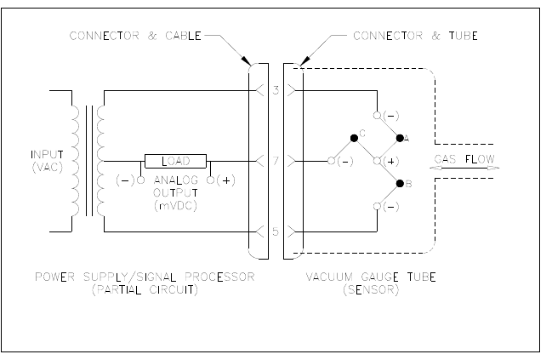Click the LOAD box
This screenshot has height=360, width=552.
(174, 160)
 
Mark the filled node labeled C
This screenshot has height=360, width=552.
(354, 137)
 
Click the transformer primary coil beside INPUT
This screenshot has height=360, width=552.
(74, 160)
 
